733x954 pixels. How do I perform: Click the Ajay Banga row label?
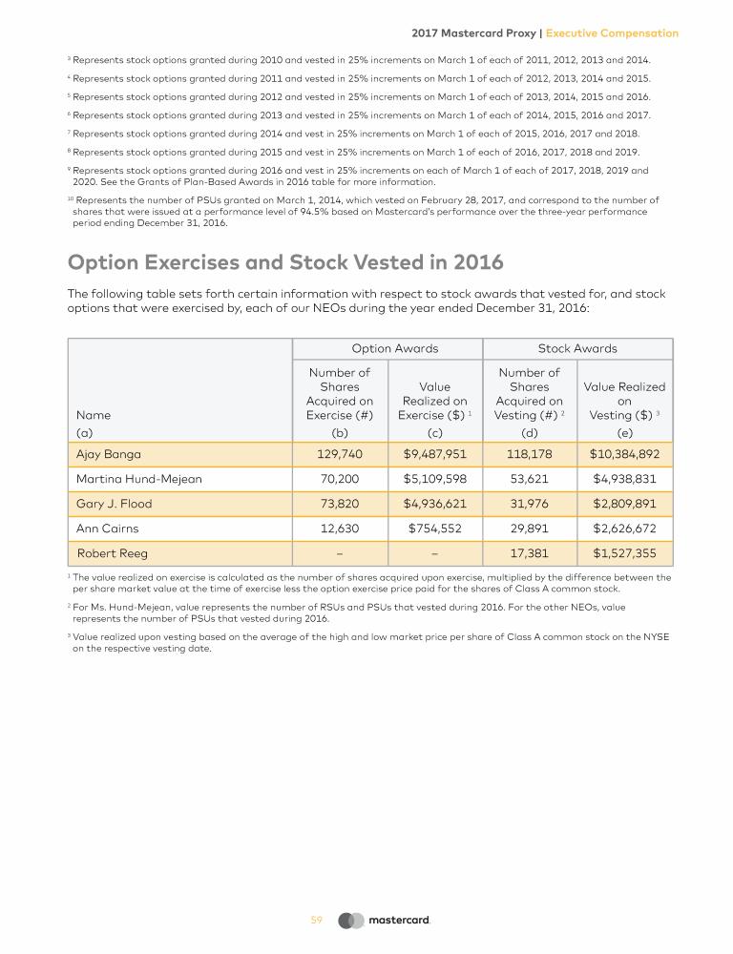[x=108, y=454]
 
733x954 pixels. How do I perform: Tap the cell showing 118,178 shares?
[x=530, y=454]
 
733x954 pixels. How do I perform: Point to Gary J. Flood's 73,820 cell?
[x=339, y=504]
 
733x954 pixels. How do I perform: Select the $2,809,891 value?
[x=625, y=504]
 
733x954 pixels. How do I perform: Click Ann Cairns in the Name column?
[x=108, y=528]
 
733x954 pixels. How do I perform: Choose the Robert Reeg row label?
[x=112, y=552]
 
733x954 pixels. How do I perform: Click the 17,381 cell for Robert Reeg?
[x=530, y=552]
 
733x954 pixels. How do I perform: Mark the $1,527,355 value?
[x=625, y=552]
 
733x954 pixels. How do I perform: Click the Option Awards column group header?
[x=395, y=349]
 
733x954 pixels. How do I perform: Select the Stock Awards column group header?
[x=577, y=349]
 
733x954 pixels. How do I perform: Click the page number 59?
[x=317, y=921]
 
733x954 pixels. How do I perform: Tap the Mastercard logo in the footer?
[x=386, y=921]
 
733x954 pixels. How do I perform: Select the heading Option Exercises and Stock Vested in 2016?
[x=285, y=262]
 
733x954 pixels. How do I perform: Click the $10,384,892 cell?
[x=625, y=454]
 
